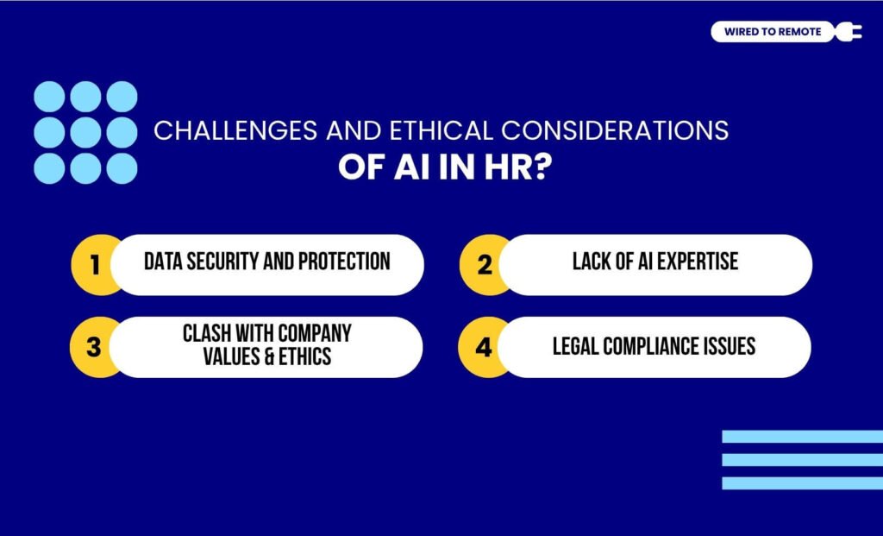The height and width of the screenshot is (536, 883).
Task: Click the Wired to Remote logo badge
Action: click(x=773, y=32)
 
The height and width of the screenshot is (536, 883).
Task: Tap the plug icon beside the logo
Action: click(x=847, y=32)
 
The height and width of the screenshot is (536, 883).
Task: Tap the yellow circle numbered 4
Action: click(x=484, y=347)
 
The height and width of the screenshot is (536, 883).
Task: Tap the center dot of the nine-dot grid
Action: click(x=85, y=132)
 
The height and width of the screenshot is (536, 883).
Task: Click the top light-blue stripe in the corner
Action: click(x=802, y=437)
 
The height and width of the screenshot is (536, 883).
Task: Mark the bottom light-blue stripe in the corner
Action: click(x=802, y=483)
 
